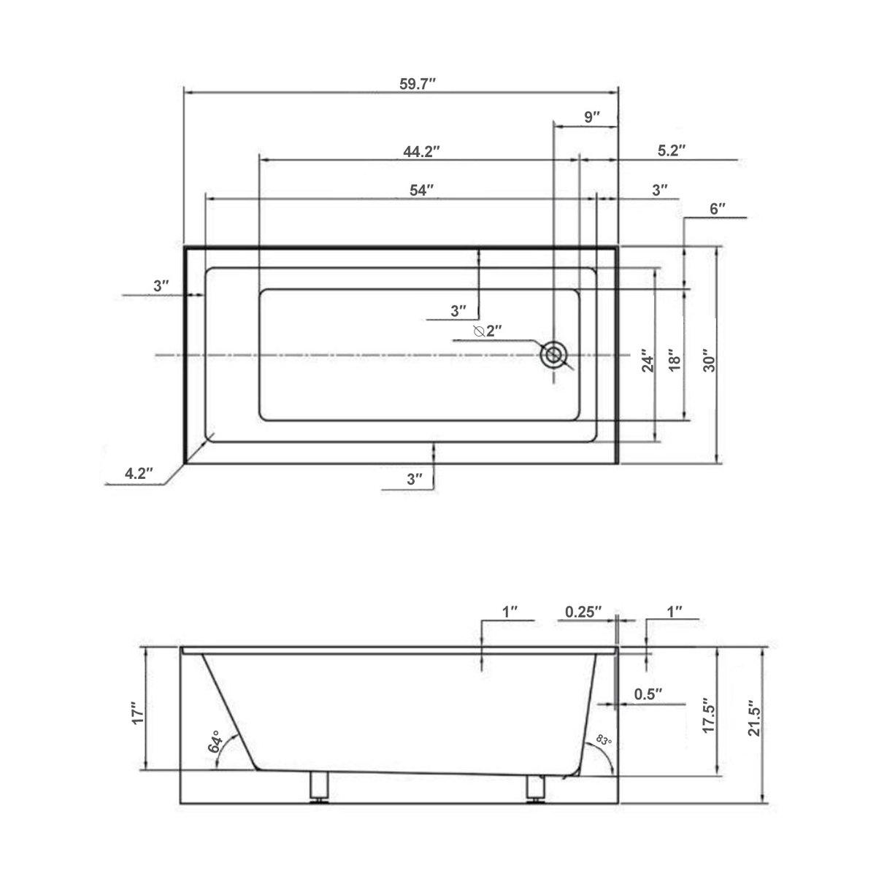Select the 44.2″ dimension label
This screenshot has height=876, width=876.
pyautogui.click(x=420, y=152)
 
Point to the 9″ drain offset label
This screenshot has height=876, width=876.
pyautogui.click(x=592, y=117)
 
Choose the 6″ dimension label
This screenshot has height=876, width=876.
pyautogui.click(x=718, y=210)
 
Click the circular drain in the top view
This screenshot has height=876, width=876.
pyautogui.click(x=553, y=355)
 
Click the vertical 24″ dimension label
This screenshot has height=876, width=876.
pyautogui.click(x=647, y=361)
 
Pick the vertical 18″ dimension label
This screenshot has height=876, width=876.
pyautogui.click(x=675, y=361)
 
